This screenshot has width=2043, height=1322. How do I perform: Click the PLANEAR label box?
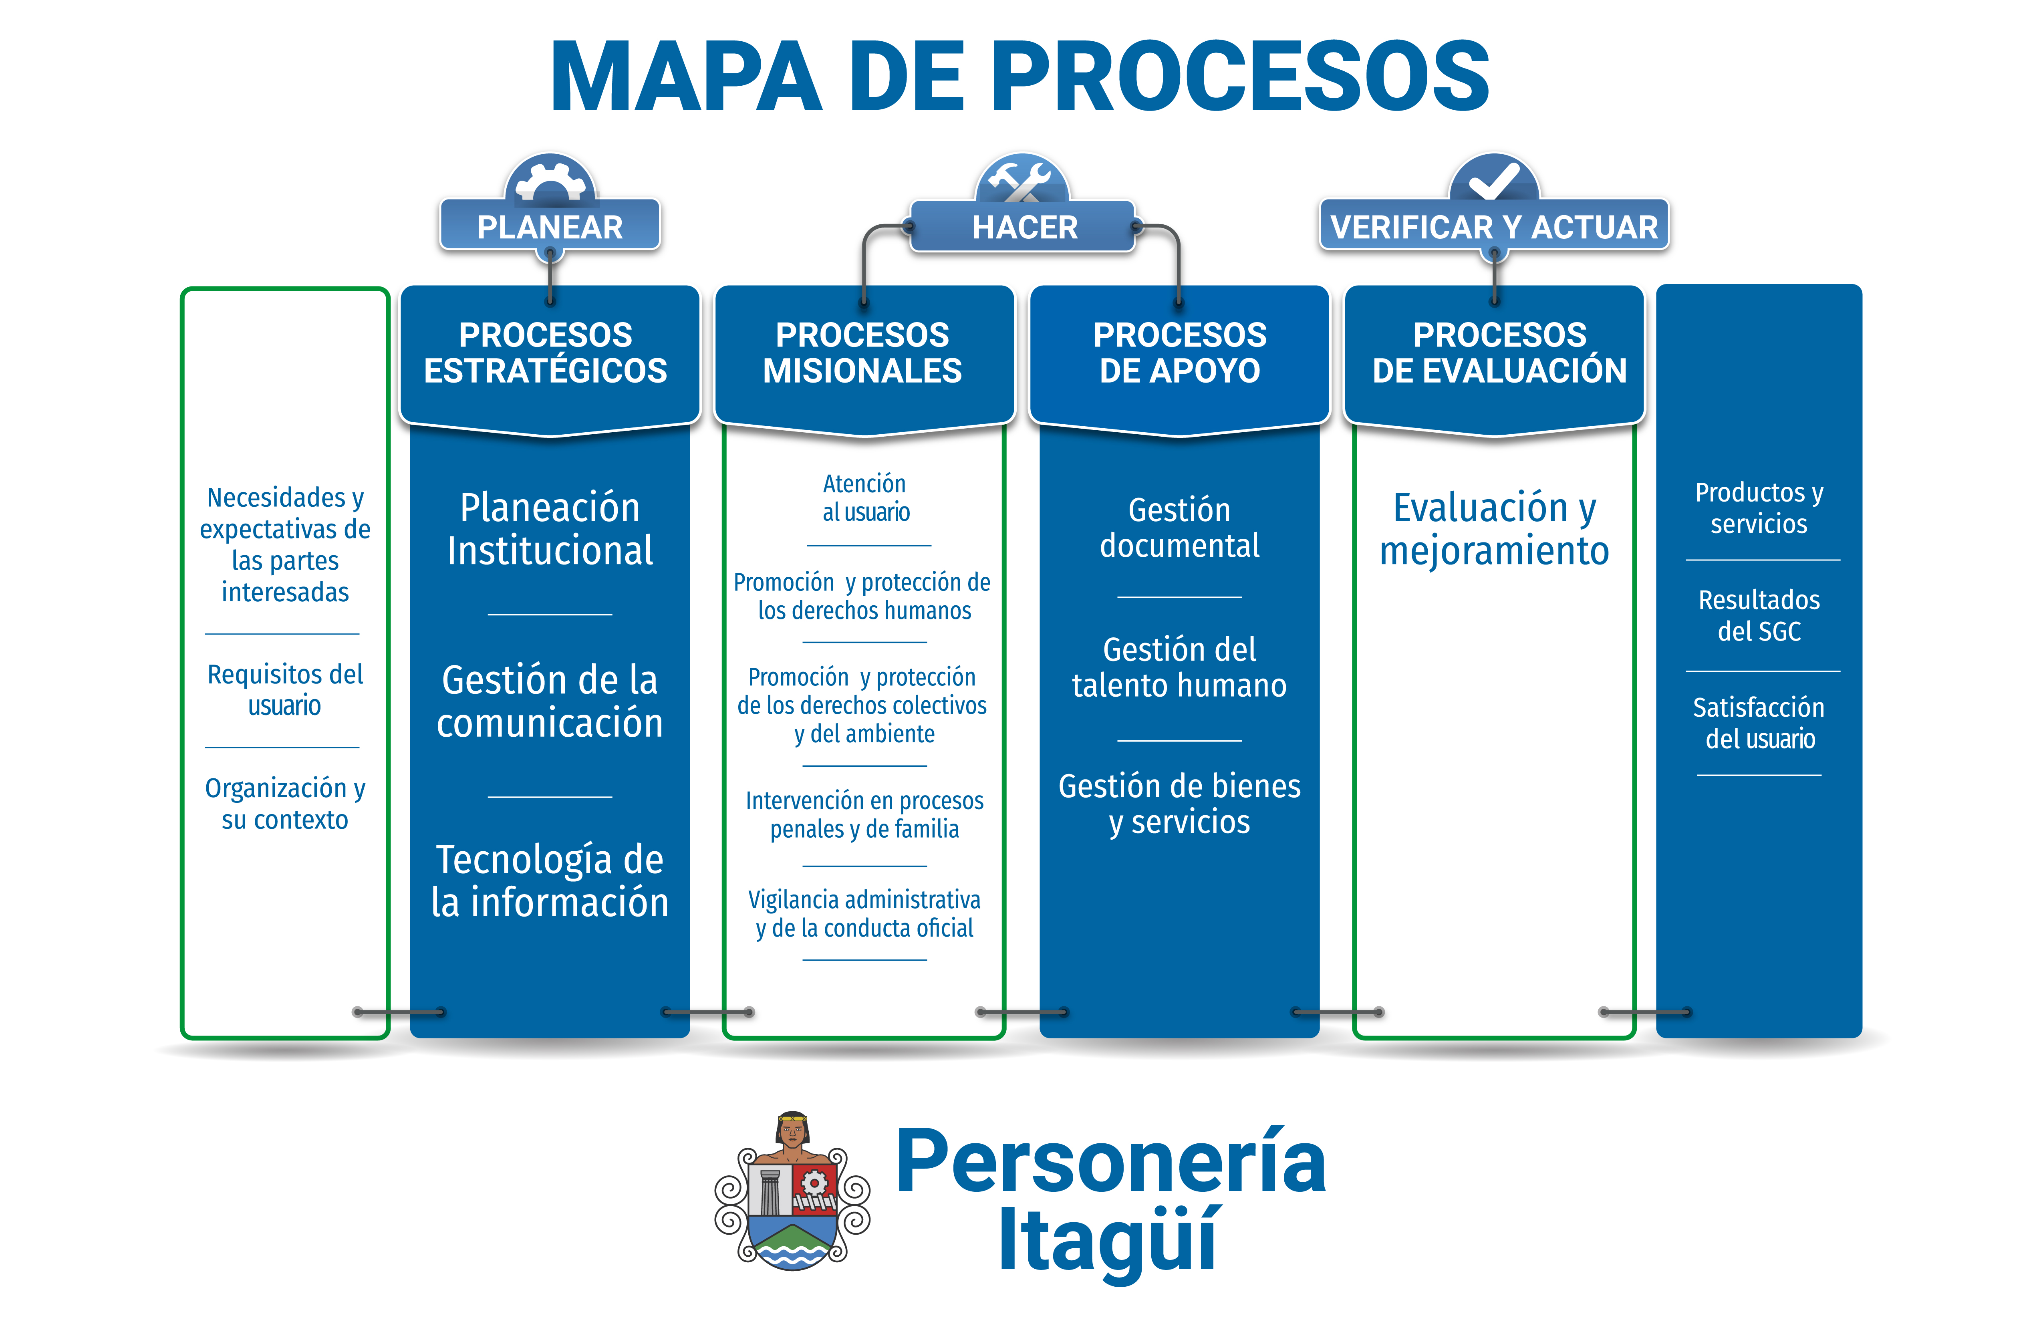coord(549,225)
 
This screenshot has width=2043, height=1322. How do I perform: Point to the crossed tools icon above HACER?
coord(1021,179)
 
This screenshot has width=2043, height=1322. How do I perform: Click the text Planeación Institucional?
coord(549,529)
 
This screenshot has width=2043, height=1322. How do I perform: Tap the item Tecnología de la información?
coord(549,881)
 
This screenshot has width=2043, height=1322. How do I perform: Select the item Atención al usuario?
coord(865,498)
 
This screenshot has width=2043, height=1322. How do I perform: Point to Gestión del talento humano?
coord(1179,667)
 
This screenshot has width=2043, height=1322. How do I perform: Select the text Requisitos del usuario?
coord(285,689)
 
